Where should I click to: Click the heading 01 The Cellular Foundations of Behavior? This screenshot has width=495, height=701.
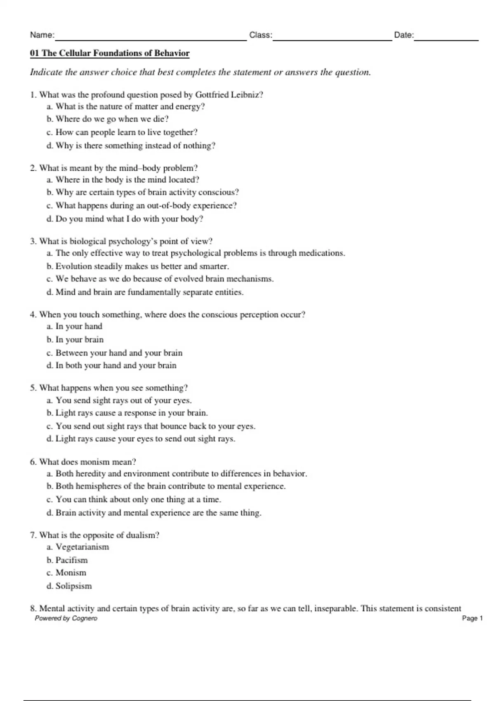click(110, 53)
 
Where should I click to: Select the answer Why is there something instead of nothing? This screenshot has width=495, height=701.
click(131, 146)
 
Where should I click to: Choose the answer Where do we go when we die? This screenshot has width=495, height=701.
click(108, 119)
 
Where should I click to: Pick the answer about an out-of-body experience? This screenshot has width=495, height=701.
click(141, 205)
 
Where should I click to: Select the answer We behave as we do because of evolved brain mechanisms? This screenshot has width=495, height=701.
click(160, 279)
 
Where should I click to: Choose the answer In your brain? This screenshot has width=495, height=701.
click(75, 340)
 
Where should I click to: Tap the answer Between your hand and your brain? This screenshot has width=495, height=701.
click(114, 353)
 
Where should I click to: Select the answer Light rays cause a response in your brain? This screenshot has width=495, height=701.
click(127, 413)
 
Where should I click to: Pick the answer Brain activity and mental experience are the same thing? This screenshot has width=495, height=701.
click(154, 513)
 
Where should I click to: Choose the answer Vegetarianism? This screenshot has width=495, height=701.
click(78, 547)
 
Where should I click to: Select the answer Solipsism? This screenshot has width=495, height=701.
click(69, 586)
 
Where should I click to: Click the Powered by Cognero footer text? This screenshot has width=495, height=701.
click(66, 618)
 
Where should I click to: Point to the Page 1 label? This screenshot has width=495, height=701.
click(472, 618)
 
